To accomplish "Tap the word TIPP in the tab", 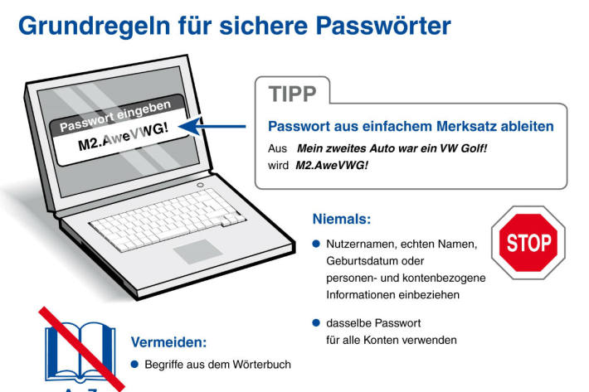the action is (292, 94).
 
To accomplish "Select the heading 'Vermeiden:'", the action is (168, 341).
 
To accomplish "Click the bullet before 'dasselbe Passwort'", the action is (316, 322).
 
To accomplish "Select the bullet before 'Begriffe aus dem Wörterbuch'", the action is (136, 364).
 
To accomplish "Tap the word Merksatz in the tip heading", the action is (460, 127).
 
